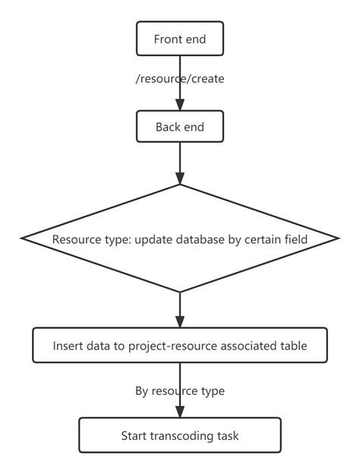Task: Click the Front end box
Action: tap(179, 39)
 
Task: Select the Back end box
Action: tap(179, 127)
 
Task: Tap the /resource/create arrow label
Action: tap(180, 78)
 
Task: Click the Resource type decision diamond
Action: tap(180, 239)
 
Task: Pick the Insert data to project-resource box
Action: tap(180, 346)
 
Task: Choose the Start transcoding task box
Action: tap(180, 435)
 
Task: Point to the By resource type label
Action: tap(180, 391)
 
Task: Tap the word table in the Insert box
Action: tap(292, 346)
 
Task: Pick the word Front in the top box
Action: tap(167, 39)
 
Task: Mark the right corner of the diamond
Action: tap(336, 239)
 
